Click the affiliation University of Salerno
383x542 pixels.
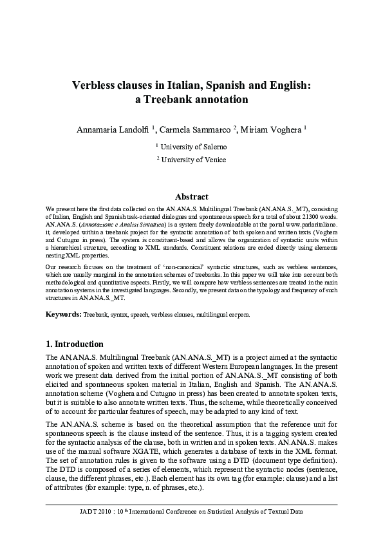pos(194,146)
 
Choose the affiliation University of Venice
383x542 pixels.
pos(194,159)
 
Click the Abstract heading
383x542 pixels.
pos(191,197)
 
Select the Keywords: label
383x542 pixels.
pos(63,315)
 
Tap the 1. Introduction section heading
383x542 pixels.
pos(75,344)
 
